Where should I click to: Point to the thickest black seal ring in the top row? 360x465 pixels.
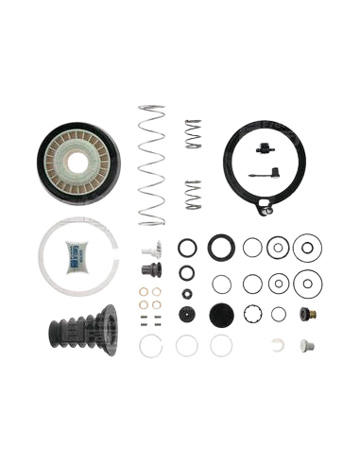tap(222, 248)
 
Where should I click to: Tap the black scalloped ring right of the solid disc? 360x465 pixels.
tap(251, 313)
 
